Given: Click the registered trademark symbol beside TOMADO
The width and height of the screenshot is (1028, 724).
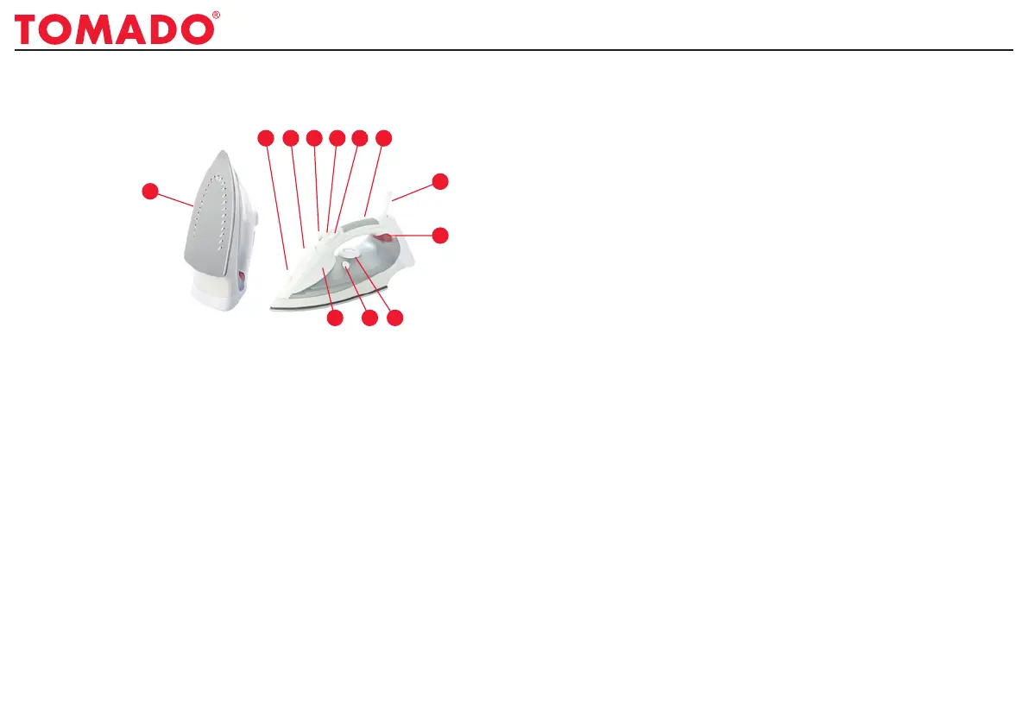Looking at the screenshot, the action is tap(216, 16).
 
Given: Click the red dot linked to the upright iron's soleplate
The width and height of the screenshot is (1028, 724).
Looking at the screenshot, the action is tap(150, 190).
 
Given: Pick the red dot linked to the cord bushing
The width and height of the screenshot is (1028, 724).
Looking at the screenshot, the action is tap(440, 181).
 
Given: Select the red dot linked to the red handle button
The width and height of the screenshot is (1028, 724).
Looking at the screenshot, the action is tap(440, 235).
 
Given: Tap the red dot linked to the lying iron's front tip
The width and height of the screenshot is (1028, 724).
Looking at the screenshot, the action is tap(266, 138).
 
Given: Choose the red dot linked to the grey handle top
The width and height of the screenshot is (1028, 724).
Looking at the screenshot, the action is tap(385, 138).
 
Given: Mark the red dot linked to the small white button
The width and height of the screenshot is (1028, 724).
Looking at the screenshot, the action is tap(369, 319).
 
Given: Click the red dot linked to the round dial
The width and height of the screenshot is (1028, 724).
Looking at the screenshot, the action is tap(394, 319).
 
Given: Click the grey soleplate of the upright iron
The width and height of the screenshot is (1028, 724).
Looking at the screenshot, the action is tap(212, 216).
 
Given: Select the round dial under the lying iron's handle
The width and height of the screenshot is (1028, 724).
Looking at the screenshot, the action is tap(350, 252).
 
